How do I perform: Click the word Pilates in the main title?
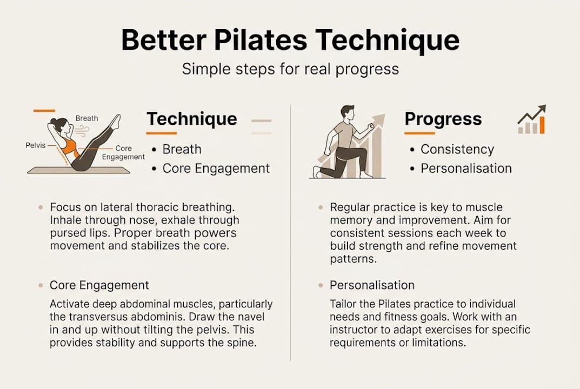261,41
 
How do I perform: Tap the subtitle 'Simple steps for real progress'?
290,70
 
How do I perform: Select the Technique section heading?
192,119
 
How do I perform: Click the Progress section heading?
443,119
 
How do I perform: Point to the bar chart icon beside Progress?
531,119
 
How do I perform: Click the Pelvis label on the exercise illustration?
36,145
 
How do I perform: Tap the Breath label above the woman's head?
87,118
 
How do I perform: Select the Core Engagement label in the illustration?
124,152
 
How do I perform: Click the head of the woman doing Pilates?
61,126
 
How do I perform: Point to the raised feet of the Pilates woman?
116,122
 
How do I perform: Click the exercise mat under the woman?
78,170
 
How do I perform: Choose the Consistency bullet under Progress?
457,150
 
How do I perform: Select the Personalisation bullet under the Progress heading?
466,169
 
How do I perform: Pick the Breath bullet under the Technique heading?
182,150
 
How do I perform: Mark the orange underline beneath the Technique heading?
161,133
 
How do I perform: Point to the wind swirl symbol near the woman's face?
82,131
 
